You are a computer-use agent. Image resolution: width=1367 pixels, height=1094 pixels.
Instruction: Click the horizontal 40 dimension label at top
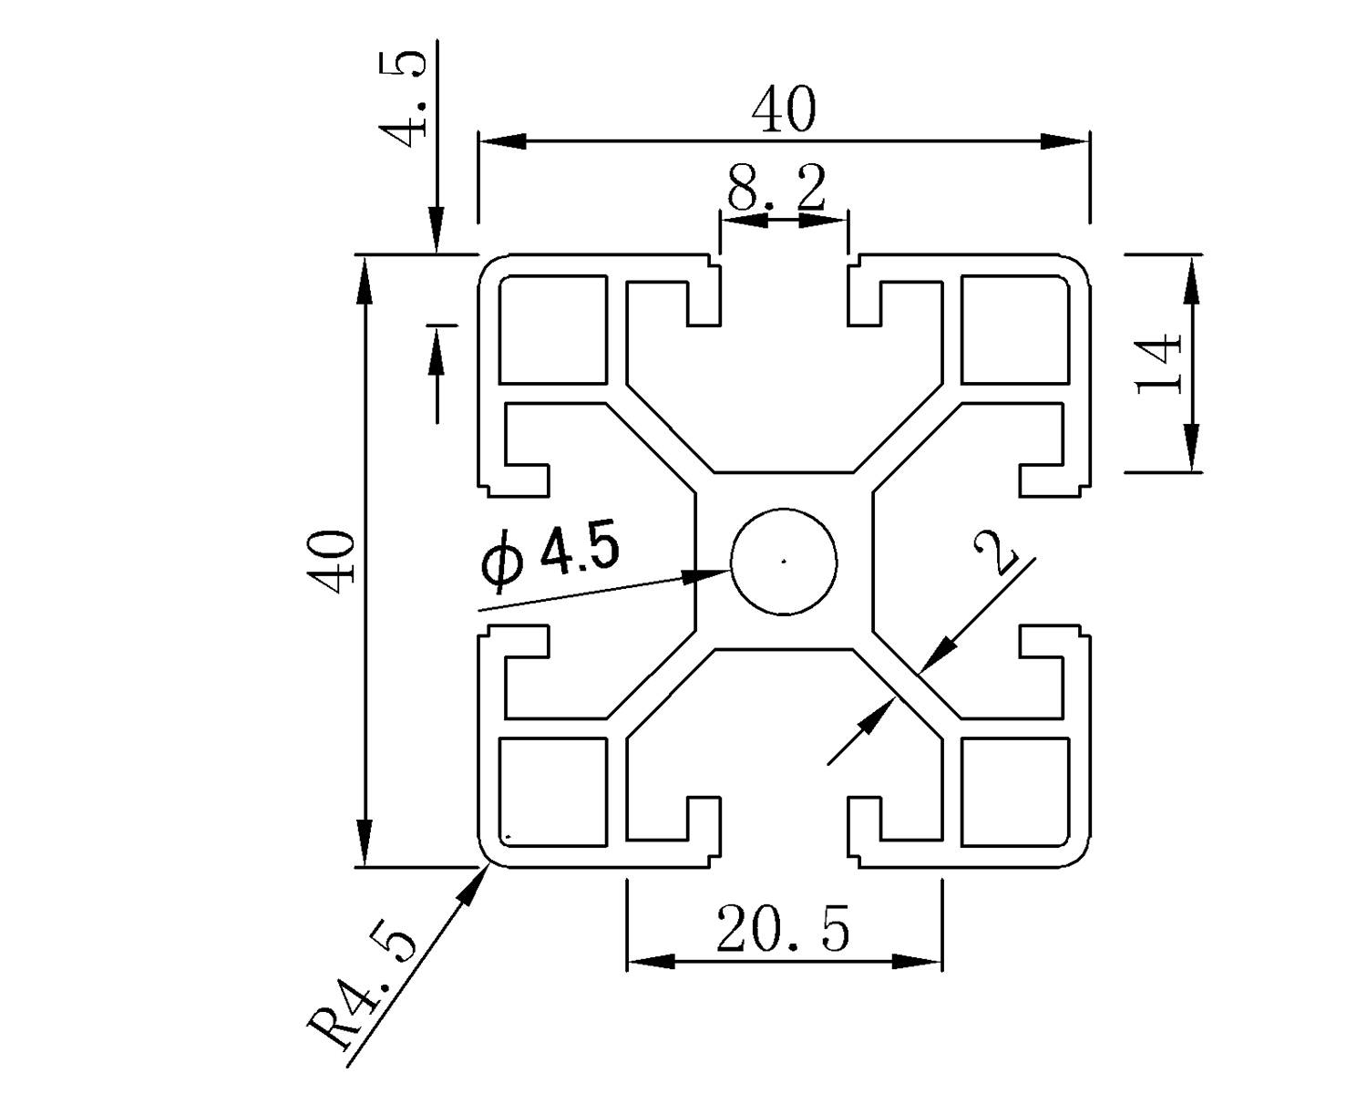(784, 110)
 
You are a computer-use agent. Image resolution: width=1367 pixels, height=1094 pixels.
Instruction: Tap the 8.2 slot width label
(776, 190)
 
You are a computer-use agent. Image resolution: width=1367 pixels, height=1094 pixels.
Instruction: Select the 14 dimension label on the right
(1159, 362)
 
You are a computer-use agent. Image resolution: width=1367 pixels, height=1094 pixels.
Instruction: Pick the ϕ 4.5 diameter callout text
(552, 556)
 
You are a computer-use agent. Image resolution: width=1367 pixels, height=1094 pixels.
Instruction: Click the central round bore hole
(785, 560)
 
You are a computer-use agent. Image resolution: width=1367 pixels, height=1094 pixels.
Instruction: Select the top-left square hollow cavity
(552, 329)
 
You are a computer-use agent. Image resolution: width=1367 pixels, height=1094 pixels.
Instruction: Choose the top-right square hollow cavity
(1015, 329)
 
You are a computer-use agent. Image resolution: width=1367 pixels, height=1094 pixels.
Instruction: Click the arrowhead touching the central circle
(711, 574)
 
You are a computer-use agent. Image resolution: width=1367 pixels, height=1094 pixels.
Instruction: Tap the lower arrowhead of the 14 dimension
(1191, 448)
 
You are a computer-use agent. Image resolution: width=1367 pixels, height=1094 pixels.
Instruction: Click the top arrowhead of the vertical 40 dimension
(365, 279)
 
